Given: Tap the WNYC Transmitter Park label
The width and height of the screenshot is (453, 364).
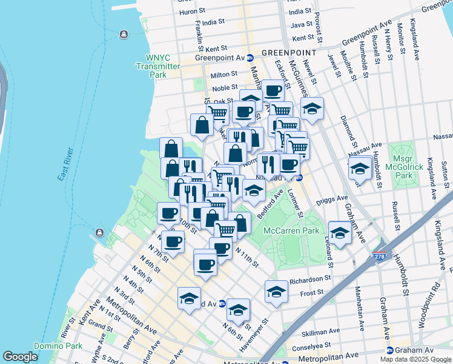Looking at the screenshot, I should coord(158,66).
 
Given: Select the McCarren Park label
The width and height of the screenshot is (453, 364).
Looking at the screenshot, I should coord(291,231).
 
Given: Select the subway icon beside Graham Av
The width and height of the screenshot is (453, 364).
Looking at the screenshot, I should coord(390,351).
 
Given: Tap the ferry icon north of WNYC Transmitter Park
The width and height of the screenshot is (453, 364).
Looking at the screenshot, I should coord(124,34).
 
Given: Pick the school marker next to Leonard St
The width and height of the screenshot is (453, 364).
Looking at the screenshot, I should coord(340,233).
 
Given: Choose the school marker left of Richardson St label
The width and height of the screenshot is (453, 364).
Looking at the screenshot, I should coord(276,292).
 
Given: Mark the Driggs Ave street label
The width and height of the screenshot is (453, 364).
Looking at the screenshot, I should coord(334,198).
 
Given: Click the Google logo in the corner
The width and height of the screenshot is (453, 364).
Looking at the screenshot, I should coord(20,357).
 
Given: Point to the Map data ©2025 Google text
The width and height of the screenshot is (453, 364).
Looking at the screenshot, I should coord(415,359).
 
